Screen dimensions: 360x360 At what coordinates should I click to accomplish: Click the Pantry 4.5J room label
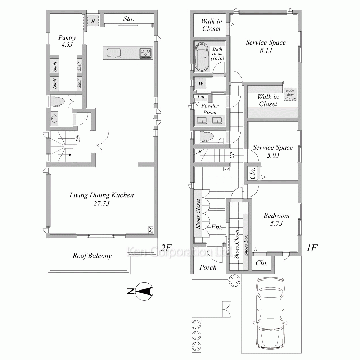pos(67,41)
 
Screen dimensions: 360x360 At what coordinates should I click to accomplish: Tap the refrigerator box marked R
pos(93,21)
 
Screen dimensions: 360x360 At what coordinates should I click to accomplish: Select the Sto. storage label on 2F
pos(129,19)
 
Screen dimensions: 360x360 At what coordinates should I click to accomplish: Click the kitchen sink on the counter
pos(114,53)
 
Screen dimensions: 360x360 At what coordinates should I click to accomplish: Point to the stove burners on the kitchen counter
pos(145,53)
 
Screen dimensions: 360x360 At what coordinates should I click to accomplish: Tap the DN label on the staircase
pos(78,138)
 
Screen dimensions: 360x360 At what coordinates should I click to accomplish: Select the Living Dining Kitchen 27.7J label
pos(102,199)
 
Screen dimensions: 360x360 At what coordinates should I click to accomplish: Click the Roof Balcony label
pos(92,256)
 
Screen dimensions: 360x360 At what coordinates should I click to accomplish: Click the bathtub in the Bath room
pos(202,56)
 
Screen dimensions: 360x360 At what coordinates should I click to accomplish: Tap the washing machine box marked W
pos(201,84)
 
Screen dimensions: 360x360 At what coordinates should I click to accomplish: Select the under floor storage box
pos(291,94)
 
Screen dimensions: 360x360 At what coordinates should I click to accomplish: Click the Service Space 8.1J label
pos(266,46)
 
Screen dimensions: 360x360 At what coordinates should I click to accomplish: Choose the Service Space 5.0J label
pos(273,151)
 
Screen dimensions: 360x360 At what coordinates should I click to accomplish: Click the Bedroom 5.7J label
pos(276,219)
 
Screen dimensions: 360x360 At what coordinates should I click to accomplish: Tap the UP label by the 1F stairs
pos(232,155)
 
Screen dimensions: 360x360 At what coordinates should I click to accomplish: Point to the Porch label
pos(208,267)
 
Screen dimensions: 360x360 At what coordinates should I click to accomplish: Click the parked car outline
pos(271,313)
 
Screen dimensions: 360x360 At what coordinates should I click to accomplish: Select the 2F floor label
pos(166,248)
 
